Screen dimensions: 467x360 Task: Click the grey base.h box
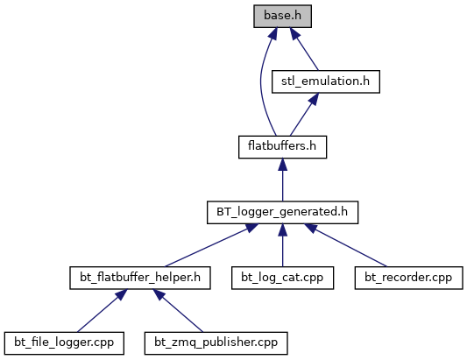[x=282, y=16]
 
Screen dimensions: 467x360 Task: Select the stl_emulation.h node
[x=326, y=81]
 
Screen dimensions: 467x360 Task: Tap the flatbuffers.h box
[x=282, y=147]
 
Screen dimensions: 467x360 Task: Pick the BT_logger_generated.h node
[x=282, y=212]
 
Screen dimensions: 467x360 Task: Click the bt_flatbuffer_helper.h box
[x=140, y=278]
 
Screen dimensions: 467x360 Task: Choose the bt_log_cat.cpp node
[x=282, y=278]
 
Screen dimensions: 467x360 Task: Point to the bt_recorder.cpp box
[x=408, y=278]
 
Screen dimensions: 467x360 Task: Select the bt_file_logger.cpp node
[x=64, y=343]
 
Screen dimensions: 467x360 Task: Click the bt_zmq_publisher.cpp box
[x=216, y=343]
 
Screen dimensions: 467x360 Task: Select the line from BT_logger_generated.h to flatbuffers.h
[x=282, y=180]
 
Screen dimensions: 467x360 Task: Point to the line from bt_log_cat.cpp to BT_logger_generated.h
[x=282, y=245]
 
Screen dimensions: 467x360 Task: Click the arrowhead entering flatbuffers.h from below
[x=282, y=165]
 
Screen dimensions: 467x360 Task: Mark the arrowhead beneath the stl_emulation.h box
[x=315, y=99]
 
